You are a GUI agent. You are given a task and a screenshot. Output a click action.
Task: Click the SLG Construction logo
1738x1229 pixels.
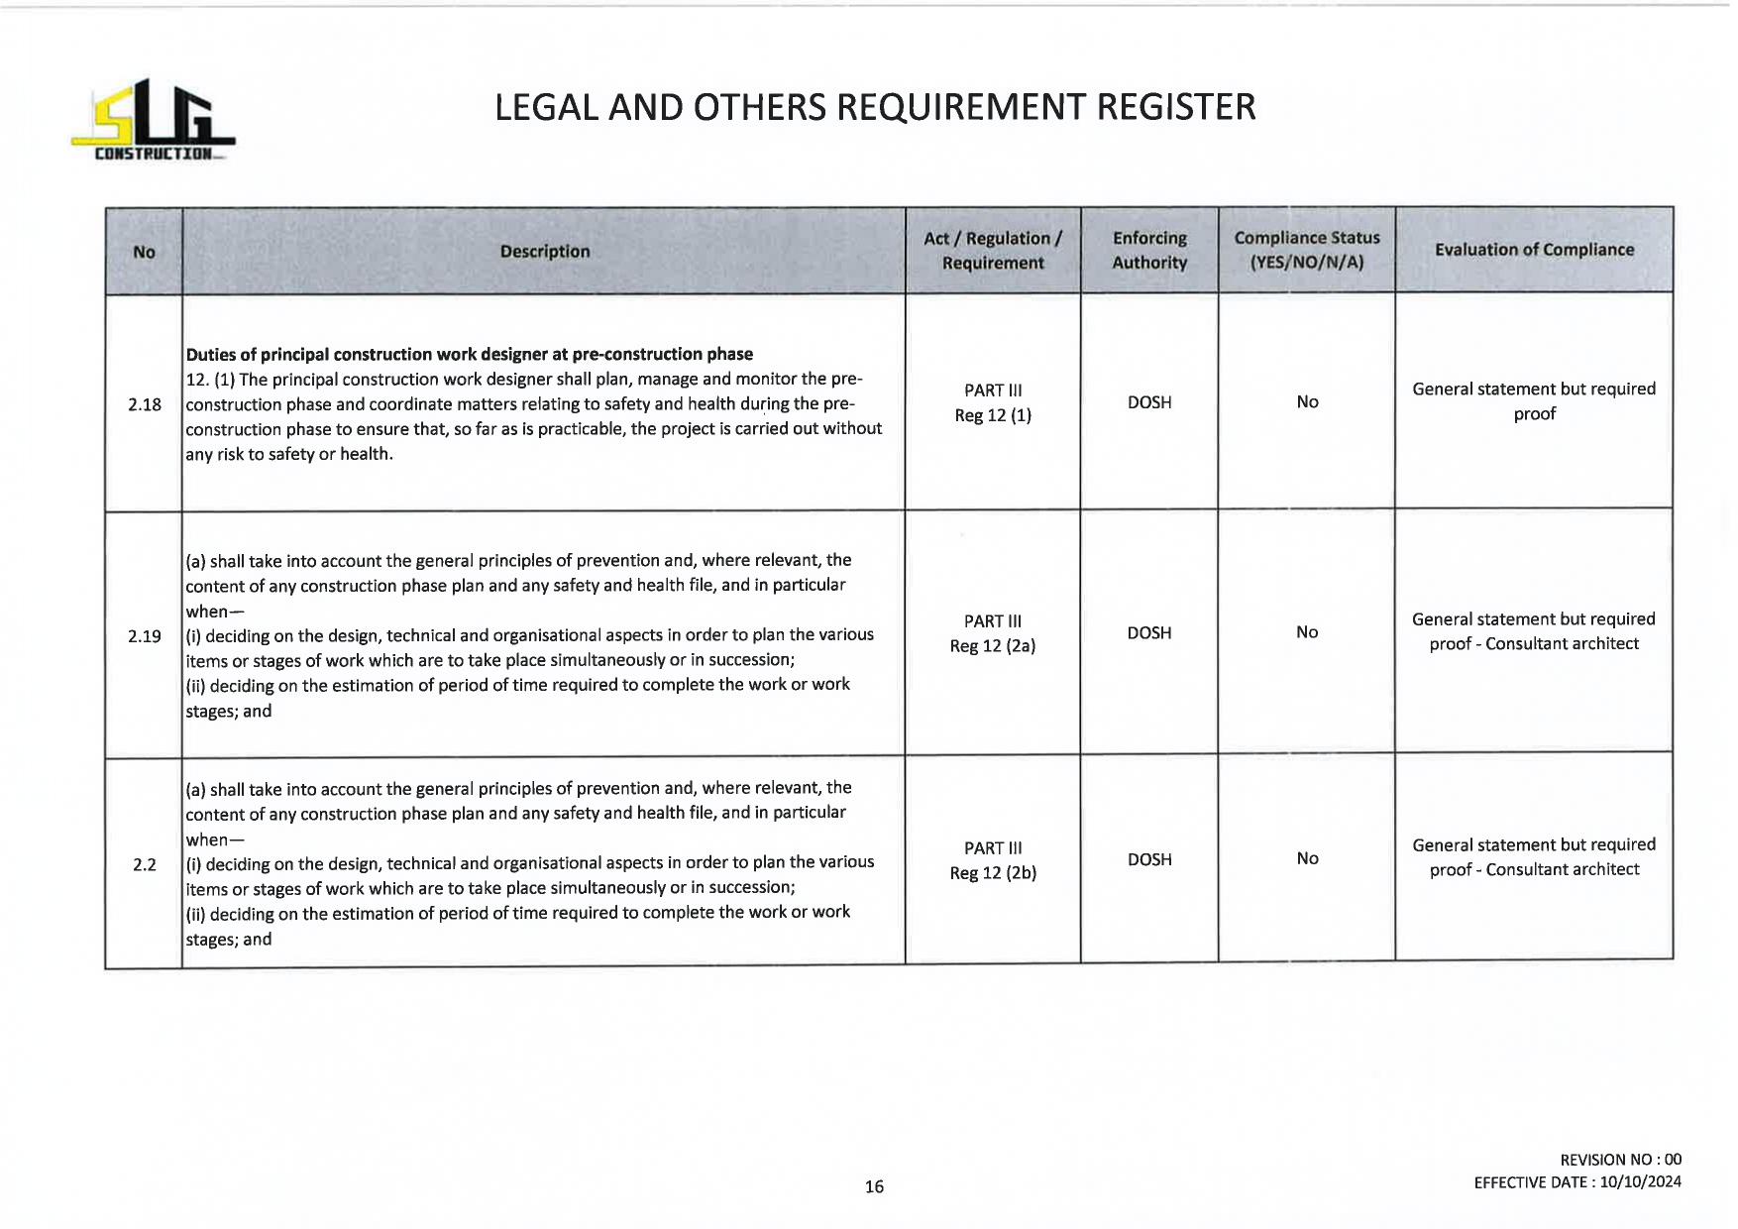point(154,120)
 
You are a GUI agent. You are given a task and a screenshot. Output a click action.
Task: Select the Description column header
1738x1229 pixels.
point(544,252)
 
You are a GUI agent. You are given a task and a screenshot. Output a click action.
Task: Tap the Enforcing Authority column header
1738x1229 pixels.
point(1148,251)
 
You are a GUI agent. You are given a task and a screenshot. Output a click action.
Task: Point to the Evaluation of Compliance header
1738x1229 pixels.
point(1533,250)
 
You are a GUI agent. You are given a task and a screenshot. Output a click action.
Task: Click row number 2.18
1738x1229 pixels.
point(145,404)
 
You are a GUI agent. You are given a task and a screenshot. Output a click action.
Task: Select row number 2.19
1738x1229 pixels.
point(145,636)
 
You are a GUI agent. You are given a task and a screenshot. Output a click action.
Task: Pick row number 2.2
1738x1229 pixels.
point(145,865)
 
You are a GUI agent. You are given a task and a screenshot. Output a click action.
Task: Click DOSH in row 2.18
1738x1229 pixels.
point(1148,402)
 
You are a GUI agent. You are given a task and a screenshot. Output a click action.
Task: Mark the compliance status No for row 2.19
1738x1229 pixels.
point(1306,632)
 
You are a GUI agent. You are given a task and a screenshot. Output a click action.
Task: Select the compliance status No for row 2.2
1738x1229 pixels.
point(1306,858)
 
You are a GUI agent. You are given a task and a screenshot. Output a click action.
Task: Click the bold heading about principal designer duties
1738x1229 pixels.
point(469,354)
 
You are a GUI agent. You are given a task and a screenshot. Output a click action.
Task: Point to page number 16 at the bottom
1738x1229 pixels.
point(874,1186)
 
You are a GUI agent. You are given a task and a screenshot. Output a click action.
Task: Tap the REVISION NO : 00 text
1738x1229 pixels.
point(1620,1160)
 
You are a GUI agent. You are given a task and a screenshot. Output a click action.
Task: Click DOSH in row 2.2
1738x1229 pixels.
point(1148,859)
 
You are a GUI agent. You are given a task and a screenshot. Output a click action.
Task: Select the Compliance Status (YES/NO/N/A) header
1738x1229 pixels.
point(1306,250)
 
